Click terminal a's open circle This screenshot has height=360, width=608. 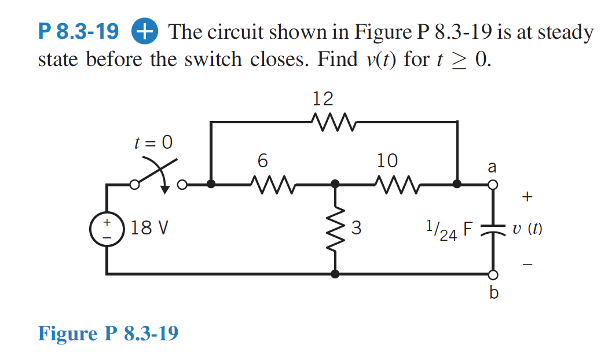(x=493, y=185)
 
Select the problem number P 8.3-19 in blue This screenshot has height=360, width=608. (x=79, y=32)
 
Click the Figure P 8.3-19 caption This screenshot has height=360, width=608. (x=108, y=333)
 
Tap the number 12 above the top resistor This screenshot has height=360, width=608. (x=323, y=98)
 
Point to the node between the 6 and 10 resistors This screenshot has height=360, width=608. (x=335, y=185)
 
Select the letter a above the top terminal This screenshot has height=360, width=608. (x=492, y=167)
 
